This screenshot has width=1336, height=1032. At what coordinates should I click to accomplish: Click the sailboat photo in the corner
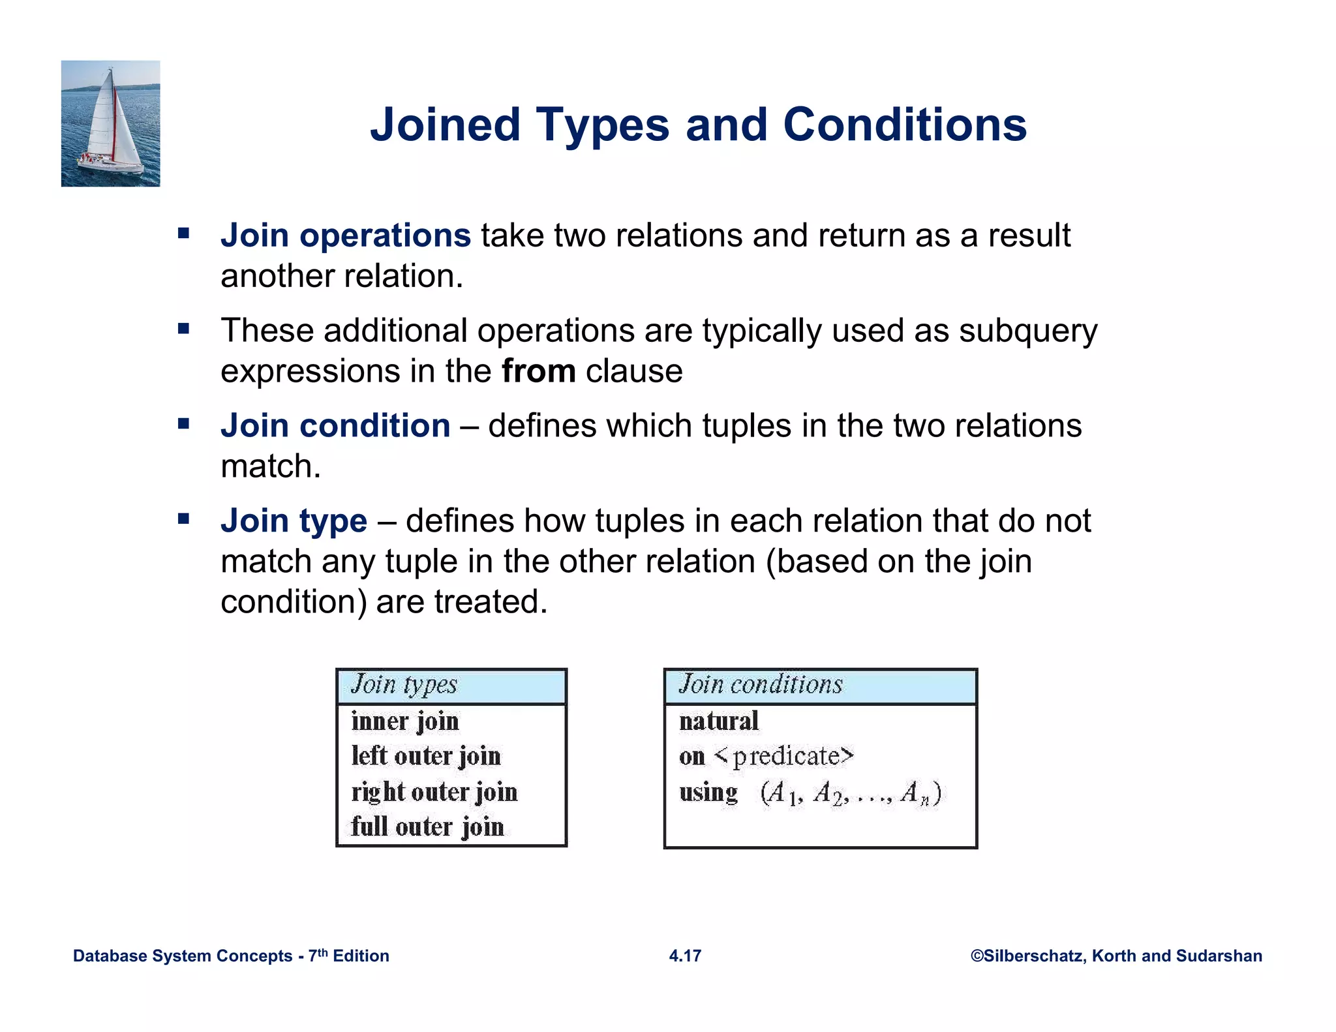click(x=110, y=123)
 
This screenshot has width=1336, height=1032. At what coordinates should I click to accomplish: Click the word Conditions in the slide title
click(x=904, y=125)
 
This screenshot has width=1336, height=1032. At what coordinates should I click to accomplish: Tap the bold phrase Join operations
click(x=345, y=235)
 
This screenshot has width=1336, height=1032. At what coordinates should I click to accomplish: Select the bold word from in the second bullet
click(x=538, y=371)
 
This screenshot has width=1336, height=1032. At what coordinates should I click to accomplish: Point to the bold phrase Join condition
click(x=335, y=426)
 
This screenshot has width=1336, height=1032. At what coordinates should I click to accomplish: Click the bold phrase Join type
click(x=294, y=521)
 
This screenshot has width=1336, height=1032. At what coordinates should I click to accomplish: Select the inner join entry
click(x=405, y=721)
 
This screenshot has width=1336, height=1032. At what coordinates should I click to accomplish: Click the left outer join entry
click(x=426, y=756)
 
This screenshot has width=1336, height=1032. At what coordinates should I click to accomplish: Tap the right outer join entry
click(x=434, y=792)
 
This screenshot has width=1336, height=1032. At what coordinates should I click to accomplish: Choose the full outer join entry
click(x=427, y=827)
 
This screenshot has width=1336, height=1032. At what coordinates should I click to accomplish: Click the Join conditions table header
click(x=761, y=685)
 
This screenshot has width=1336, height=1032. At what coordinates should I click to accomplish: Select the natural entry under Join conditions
click(x=719, y=721)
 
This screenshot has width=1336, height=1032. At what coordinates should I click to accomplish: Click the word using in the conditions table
click(x=708, y=793)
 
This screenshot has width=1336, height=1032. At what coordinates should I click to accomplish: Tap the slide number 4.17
click(x=685, y=956)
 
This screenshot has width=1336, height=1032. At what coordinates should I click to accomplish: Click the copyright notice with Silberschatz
click(x=1116, y=956)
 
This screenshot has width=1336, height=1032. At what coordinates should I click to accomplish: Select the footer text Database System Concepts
click(x=183, y=956)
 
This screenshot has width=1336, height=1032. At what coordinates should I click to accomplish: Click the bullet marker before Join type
click(x=183, y=519)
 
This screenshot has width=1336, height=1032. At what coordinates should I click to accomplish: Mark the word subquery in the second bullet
click(x=1028, y=331)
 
